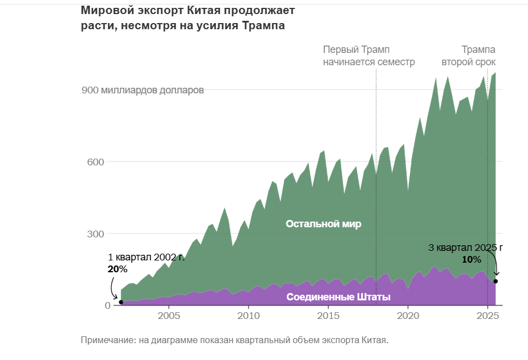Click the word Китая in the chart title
(196, 10)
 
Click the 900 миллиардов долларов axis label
(143, 90)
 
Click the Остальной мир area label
(323, 224)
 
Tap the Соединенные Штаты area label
(339, 297)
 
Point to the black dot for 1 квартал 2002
(121, 302)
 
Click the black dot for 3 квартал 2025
(495, 281)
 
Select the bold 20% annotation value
(118, 269)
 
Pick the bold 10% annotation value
(471, 259)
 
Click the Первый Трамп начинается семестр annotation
(369, 56)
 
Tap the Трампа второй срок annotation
(468, 56)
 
